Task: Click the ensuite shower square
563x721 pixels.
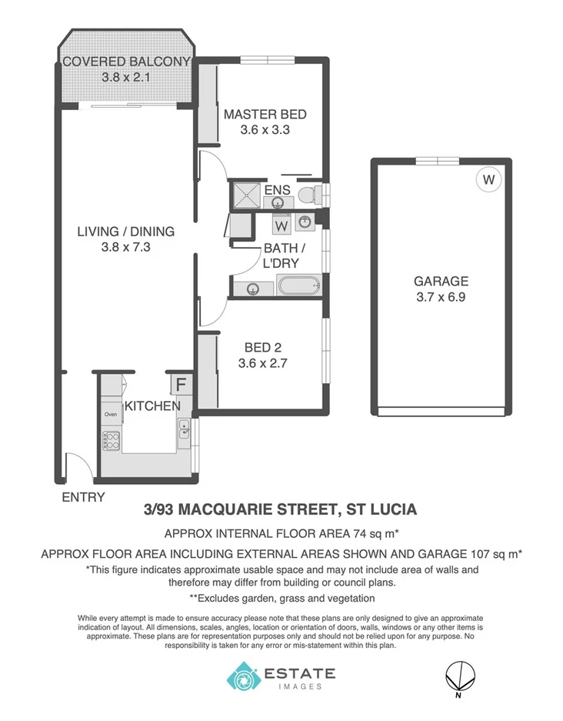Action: click(245, 195)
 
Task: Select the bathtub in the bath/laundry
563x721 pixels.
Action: click(298, 289)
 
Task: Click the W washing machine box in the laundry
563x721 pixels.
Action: click(281, 226)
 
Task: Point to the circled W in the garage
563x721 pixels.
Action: click(487, 180)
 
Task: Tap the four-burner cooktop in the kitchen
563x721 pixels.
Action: click(112, 441)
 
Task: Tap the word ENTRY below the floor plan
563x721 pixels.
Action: click(83, 497)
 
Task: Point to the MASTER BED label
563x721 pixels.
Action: click(265, 115)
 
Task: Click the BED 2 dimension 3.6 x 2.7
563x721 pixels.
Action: click(265, 364)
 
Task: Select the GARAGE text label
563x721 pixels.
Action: click(441, 281)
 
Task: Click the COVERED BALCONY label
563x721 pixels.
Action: click(126, 62)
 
